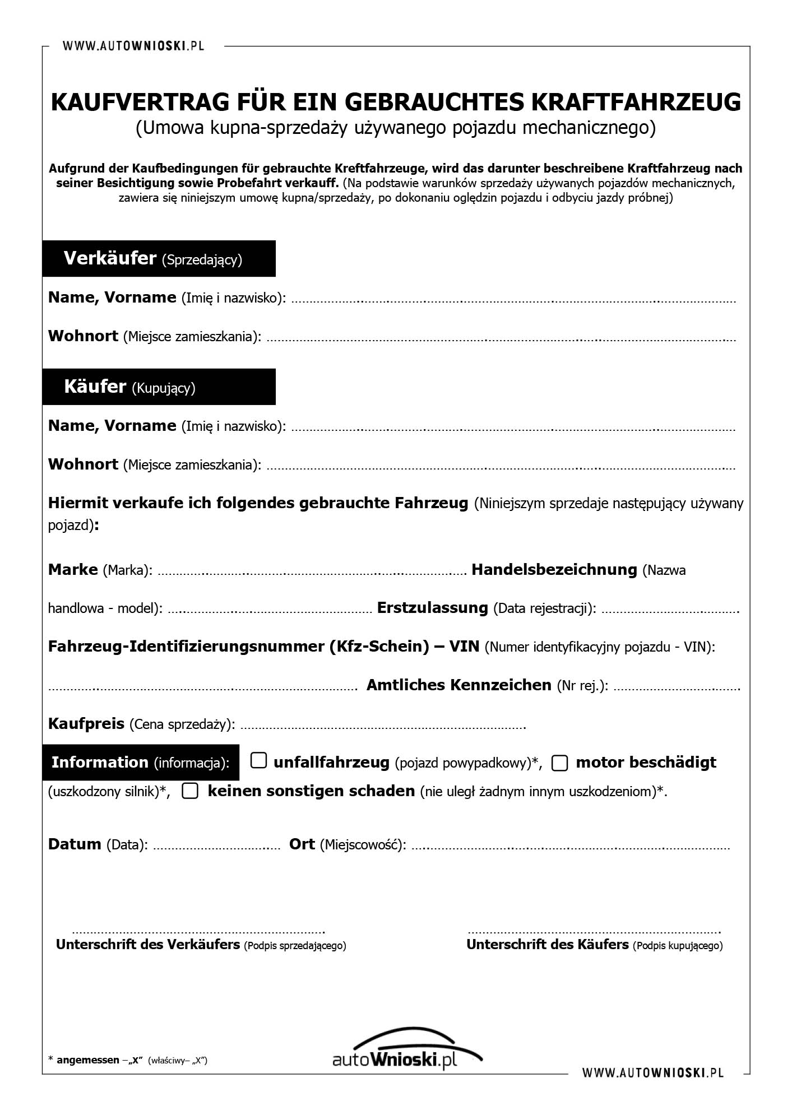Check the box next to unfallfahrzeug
click(x=258, y=761)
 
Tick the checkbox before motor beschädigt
click(x=559, y=763)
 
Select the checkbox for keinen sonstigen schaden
click(x=190, y=791)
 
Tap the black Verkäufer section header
click(x=159, y=258)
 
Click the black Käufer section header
click(x=159, y=387)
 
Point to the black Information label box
click(x=140, y=763)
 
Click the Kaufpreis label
click(x=86, y=723)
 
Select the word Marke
click(x=73, y=570)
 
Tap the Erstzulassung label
click(x=432, y=608)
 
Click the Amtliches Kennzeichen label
click(x=458, y=685)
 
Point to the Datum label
click(x=75, y=844)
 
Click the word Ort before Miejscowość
click(x=302, y=844)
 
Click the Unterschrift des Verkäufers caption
click(x=148, y=945)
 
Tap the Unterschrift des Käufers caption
click(x=547, y=945)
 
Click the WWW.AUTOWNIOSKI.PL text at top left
click(x=133, y=46)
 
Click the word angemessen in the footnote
click(x=88, y=1060)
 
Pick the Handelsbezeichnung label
click(x=554, y=570)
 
